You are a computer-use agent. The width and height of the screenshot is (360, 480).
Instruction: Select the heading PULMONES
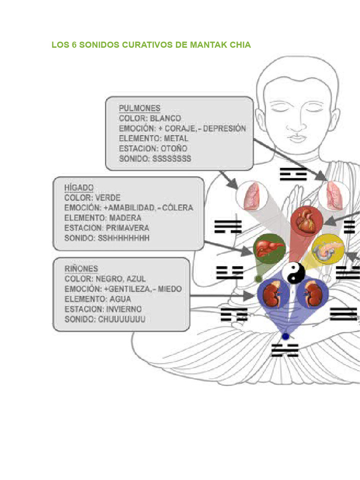pos(140,108)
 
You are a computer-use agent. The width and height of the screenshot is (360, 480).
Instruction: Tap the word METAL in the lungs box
pos(176,138)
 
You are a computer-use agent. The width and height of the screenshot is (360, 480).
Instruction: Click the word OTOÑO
pos(174,149)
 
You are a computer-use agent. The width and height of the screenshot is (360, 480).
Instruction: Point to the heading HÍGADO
pos(79,187)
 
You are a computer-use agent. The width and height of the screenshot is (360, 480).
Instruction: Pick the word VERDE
pos(108,198)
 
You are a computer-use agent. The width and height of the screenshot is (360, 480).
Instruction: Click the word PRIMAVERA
pos(127,228)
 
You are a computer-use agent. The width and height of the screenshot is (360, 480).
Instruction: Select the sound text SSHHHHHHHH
pos(124,238)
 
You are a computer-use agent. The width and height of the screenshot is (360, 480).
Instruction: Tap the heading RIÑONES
pos(81,269)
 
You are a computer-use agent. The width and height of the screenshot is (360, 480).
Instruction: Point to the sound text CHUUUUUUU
pos(121,319)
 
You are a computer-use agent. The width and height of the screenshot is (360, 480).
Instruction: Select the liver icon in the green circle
pos(269,248)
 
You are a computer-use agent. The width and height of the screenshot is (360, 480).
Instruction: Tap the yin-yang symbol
pos(293,273)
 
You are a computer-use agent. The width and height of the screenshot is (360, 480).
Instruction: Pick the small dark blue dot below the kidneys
pos(285,337)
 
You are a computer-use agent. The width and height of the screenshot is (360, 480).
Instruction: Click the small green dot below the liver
pos(258,279)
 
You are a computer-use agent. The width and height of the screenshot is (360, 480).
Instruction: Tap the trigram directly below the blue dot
pos(285,350)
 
